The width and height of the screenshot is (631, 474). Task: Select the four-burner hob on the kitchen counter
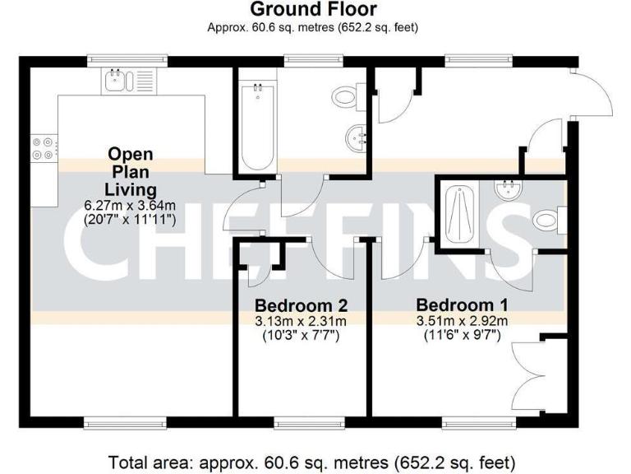pyautogui.click(x=43, y=147)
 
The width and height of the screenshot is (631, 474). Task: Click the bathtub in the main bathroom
pyautogui.click(x=258, y=125)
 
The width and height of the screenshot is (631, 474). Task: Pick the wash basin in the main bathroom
pyautogui.click(x=357, y=137)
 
